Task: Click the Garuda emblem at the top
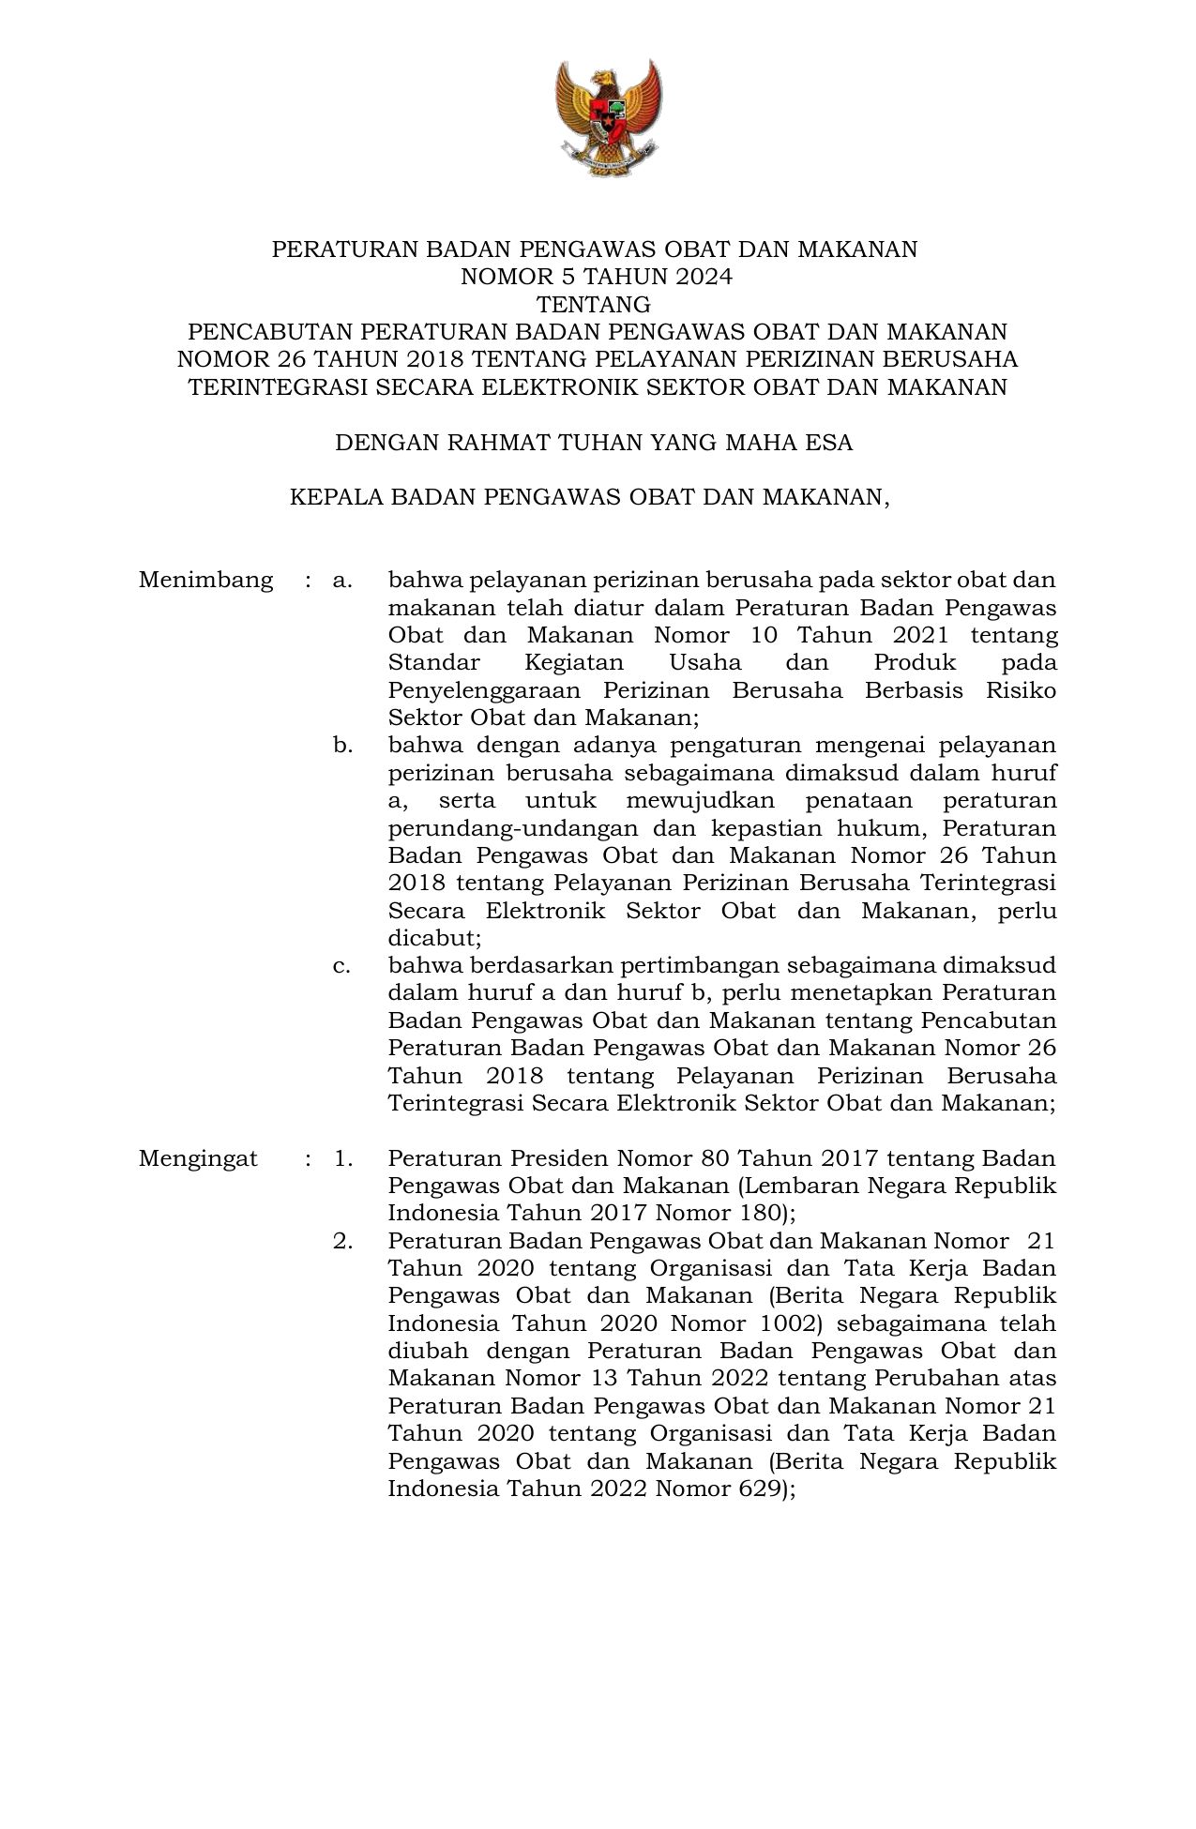pos(608,117)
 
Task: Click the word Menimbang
pos(205,581)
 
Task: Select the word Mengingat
pos(198,1158)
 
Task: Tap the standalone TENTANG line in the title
pos(593,305)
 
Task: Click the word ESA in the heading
pos(829,443)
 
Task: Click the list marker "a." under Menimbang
pos(342,581)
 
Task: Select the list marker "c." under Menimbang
pos(341,966)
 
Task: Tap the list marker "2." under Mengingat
pos(342,1241)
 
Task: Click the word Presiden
pos(555,1158)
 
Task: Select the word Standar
pos(433,663)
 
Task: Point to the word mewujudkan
pos(700,801)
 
